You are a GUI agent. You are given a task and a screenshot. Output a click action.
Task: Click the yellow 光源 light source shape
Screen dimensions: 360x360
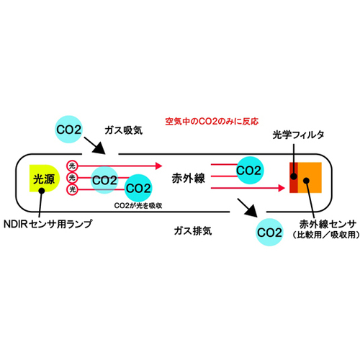(x=44, y=178)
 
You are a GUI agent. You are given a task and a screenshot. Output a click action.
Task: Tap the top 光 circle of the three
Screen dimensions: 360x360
(x=72, y=166)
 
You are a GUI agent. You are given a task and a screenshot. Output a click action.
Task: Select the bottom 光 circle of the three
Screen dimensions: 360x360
(x=72, y=189)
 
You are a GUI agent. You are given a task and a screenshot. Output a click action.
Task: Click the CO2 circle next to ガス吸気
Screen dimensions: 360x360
(x=69, y=130)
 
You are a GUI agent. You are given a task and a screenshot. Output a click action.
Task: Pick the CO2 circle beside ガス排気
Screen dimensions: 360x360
(x=269, y=232)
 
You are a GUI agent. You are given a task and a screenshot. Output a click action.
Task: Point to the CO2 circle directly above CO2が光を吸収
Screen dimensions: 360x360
(x=138, y=188)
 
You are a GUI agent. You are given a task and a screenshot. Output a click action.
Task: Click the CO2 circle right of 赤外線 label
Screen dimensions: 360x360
(x=249, y=170)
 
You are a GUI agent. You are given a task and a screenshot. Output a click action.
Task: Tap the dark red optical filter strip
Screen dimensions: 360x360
(x=294, y=178)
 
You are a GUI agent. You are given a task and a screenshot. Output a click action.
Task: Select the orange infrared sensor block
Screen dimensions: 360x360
(x=310, y=178)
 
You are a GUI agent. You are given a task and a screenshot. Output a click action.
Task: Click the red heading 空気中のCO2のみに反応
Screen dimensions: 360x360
(x=212, y=122)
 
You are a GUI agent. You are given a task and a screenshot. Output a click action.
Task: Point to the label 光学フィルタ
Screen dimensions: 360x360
(x=298, y=135)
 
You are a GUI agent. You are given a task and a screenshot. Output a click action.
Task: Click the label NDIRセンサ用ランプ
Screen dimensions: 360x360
(x=48, y=224)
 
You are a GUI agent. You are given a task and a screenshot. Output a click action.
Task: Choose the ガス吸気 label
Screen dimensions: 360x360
(x=124, y=130)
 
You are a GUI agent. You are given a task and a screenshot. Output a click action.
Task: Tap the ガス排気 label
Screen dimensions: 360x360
(x=193, y=231)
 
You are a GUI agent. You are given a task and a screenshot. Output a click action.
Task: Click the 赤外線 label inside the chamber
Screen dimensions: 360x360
(x=189, y=179)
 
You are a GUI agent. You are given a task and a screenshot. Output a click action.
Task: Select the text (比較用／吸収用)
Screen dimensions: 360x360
(x=326, y=235)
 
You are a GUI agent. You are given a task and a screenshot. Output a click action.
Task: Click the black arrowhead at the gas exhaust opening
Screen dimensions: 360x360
(x=251, y=211)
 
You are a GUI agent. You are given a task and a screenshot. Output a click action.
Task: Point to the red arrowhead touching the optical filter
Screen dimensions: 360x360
(x=282, y=188)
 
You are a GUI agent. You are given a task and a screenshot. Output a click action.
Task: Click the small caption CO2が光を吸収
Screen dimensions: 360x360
(x=138, y=206)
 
